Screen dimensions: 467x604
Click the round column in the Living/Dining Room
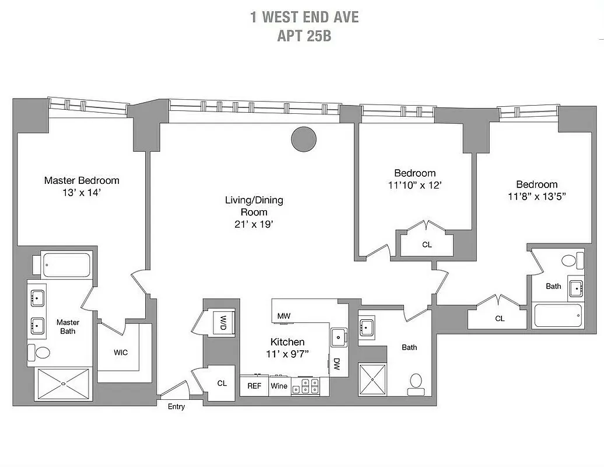pyautogui.click(x=304, y=138)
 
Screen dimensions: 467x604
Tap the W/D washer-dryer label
pyautogui.click(x=223, y=320)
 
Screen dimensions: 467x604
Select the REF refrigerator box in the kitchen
pyautogui.click(x=254, y=386)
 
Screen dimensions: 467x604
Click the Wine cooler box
pyautogui.click(x=278, y=386)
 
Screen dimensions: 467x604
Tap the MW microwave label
pyautogui.click(x=284, y=316)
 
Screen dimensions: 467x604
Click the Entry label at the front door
pyautogui.click(x=176, y=406)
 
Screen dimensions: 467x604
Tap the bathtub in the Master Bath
pyautogui.click(x=66, y=265)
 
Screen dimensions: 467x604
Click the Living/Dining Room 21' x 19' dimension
pyautogui.click(x=254, y=224)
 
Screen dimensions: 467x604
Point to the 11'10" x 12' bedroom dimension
pyautogui.click(x=415, y=185)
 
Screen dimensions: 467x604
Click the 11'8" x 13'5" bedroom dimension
pyautogui.click(x=536, y=197)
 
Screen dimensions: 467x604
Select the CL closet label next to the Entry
pyautogui.click(x=222, y=384)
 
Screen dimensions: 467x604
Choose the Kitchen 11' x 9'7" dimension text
pyautogui.click(x=287, y=353)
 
